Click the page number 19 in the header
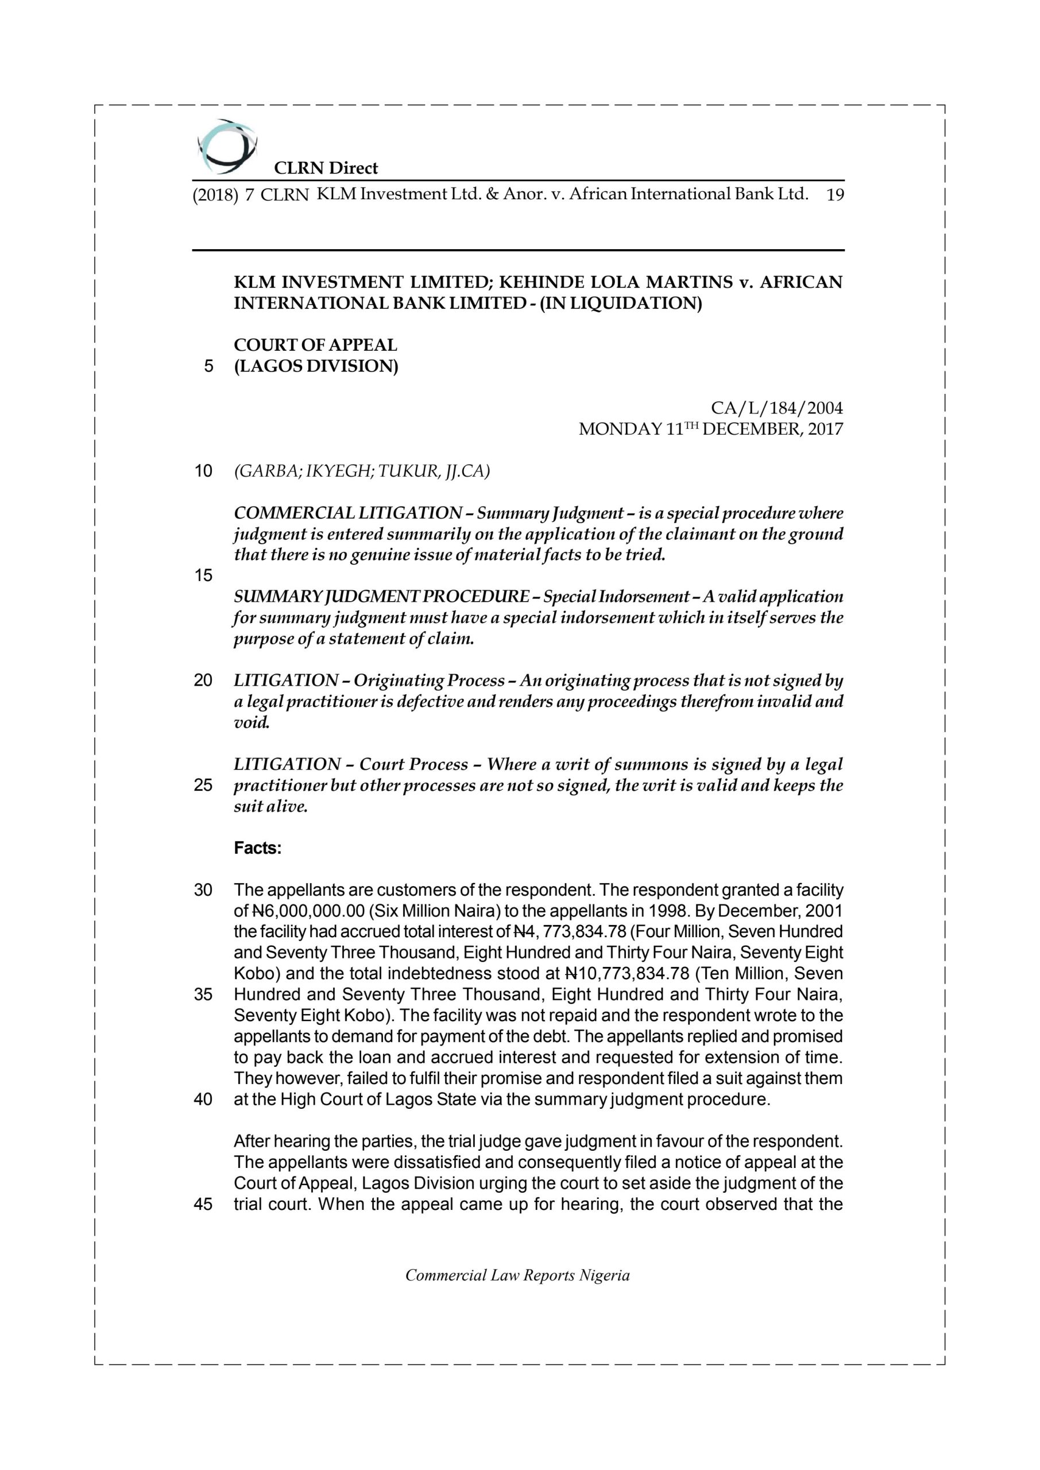coord(835,195)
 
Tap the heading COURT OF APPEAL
coord(315,345)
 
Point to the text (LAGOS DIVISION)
coord(316,367)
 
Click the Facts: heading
coord(257,848)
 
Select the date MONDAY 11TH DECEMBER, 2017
coord(711,429)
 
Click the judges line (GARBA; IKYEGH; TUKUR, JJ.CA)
coord(362,471)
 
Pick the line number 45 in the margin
coord(203,1204)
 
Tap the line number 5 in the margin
coord(208,367)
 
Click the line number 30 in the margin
coord(203,891)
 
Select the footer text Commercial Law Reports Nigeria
coord(517,1288)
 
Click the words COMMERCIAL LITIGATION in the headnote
coord(348,513)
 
